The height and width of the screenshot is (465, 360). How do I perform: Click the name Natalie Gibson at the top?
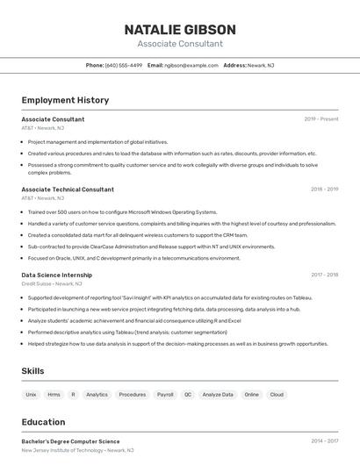180,29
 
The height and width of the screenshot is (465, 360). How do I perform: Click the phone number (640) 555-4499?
123,65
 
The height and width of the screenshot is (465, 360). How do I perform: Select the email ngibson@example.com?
191,65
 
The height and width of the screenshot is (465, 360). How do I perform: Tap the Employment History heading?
65,100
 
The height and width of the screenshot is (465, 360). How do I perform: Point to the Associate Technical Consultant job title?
68,190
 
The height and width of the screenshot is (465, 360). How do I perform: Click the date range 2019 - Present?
320,119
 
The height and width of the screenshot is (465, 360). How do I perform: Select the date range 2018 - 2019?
324,190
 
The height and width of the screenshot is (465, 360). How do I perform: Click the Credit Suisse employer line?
52,284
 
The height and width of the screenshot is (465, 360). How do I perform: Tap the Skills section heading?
33,371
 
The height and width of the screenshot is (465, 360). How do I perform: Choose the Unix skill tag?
31,395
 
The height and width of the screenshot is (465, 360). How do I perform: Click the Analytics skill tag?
97,395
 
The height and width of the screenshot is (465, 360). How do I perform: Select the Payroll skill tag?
165,395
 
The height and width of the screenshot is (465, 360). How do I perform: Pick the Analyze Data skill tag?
218,395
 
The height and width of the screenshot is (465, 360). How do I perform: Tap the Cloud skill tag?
277,395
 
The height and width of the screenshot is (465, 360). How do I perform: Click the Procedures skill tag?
133,395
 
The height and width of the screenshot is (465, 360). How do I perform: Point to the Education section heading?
43,422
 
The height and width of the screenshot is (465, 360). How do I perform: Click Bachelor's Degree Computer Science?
70,441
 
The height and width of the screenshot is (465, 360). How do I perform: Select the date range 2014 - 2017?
324,441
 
